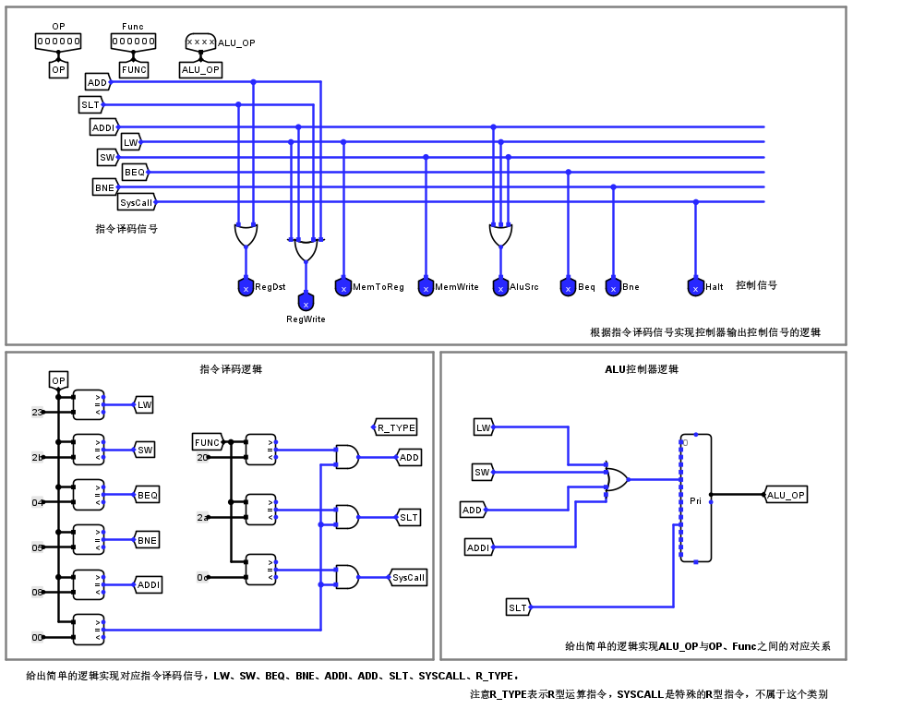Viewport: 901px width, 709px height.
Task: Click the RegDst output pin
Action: coord(246,287)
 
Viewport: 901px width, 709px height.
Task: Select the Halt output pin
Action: coord(696,287)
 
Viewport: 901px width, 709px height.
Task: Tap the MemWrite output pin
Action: coord(426,287)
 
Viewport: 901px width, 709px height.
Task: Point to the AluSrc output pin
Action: coord(500,287)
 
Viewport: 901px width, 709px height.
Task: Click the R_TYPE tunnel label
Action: coord(396,427)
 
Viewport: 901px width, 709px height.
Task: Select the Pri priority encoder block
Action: coord(696,499)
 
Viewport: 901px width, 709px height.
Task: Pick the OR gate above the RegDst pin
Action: coord(246,235)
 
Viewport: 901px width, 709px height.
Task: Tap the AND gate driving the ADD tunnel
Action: coord(347,457)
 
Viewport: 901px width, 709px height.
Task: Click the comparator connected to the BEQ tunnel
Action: coord(89,495)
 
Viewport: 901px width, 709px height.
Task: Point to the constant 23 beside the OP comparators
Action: coord(37,413)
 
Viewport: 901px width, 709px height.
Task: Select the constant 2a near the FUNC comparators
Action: coord(202,518)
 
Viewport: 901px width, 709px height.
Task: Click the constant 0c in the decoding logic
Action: coord(202,578)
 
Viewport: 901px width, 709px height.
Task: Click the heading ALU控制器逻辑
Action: coord(642,369)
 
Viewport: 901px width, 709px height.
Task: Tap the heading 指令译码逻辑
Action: coord(231,369)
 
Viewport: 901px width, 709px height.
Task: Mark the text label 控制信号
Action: coord(756,285)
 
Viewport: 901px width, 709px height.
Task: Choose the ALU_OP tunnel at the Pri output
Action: coord(786,495)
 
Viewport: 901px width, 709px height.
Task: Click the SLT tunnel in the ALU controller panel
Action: coord(518,607)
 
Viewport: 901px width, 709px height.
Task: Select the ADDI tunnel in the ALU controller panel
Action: coord(478,547)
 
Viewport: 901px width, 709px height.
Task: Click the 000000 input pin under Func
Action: coord(134,42)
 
